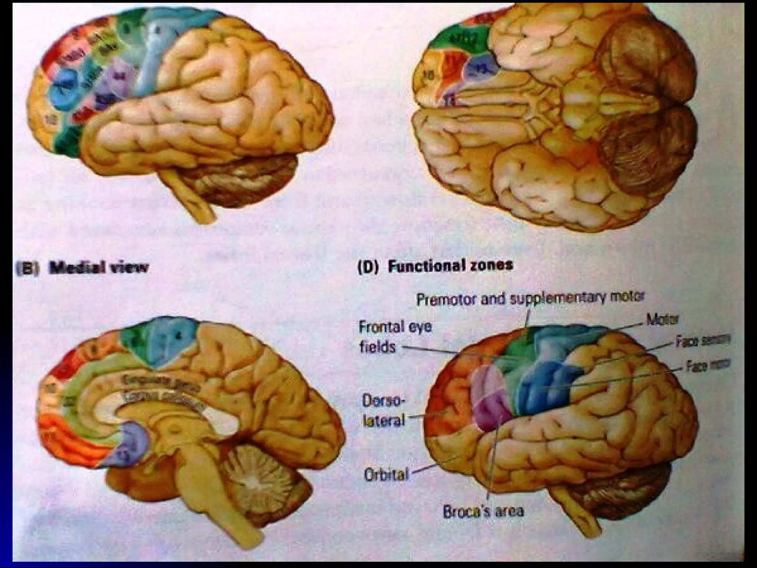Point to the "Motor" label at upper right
(x=662, y=319)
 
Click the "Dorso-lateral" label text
(x=384, y=411)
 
